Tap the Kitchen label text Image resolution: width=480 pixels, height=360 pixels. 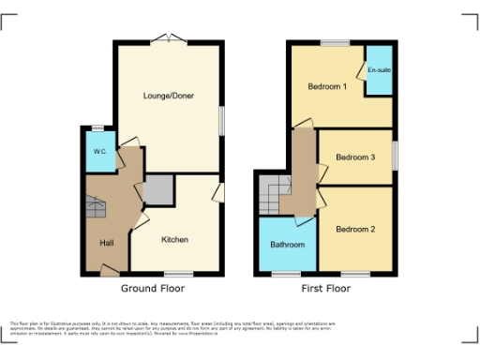point(174,239)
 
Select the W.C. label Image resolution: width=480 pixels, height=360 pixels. point(98,152)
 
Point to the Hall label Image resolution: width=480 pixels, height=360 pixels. point(108,243)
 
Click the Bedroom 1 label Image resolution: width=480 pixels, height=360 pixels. point(327,87)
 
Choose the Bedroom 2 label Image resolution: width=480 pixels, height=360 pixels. point(355,229)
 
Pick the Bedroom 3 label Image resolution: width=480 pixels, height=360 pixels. point(355,157)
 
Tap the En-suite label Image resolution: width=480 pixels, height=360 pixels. point(379,70)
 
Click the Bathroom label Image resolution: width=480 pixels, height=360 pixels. point(288,245)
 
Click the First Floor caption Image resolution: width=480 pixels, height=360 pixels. point(325,289)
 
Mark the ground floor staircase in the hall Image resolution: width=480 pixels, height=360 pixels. point(96,207)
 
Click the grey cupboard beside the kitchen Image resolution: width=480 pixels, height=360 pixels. point(157,190)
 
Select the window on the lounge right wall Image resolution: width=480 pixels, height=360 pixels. point(223,120)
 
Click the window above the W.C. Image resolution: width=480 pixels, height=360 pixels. point(97,128)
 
